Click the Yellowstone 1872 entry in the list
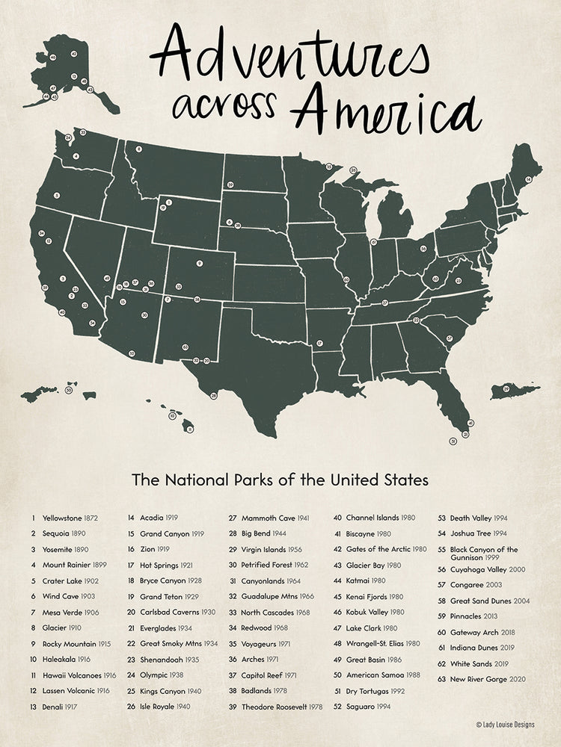(x=64, y=517)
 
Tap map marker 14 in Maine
(x=528, y=179)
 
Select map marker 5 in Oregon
(x=58, y=196)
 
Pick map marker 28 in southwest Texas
(x=213, y=395)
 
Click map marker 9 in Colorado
(x=200, y=264)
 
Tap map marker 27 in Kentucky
(x=385, y=303)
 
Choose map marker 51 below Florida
(x=453, y=442)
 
